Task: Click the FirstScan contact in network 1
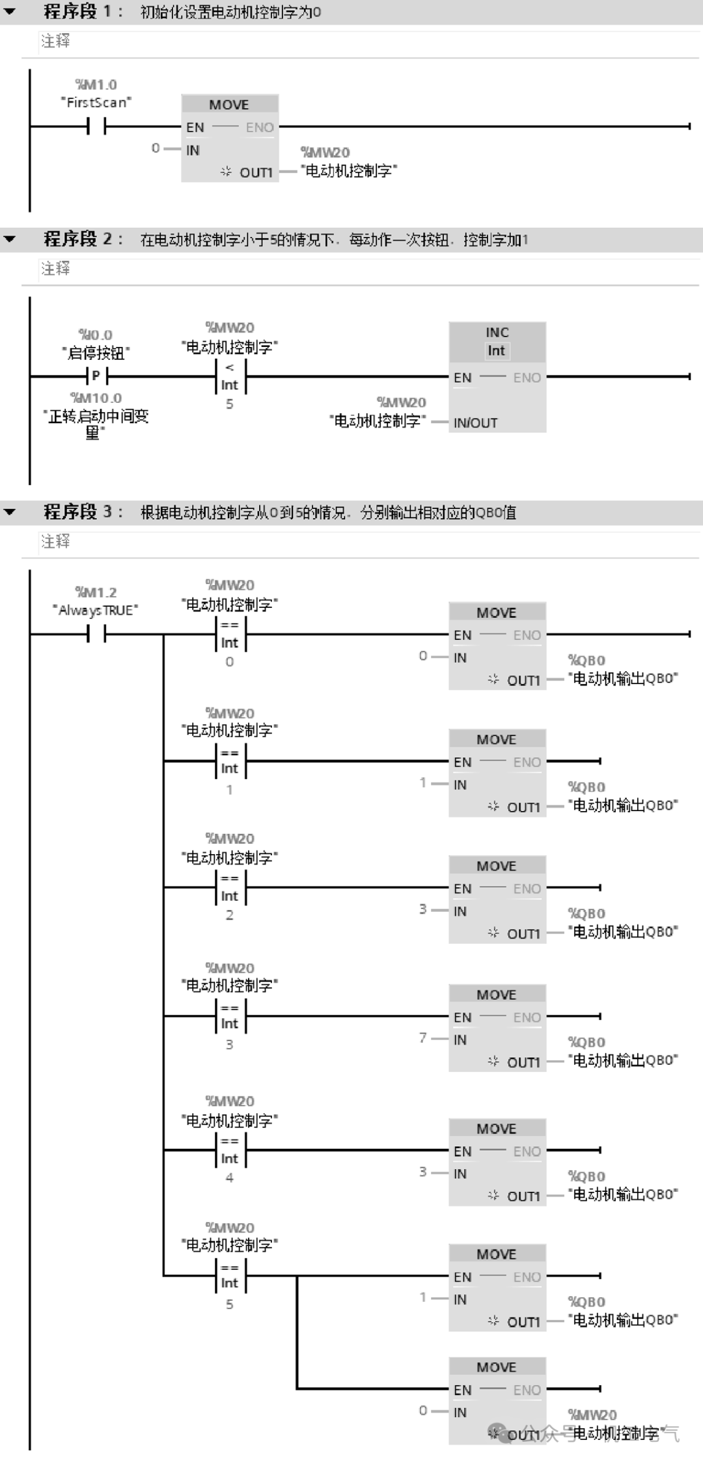[x=96, y=126]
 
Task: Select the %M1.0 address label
[x=96, y=85]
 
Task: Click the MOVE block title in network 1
[x=229, y=105]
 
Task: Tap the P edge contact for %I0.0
[x=96, y=376]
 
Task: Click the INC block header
[x=497, y=341]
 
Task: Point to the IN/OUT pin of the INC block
[x=475, y=423]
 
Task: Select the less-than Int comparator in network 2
[x=230, y=377]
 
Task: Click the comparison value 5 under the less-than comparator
[x=230, y=404]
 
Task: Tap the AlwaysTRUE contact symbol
[x=96, y=633]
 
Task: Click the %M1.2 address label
[x=96, y=592]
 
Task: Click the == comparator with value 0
[x=230, y=634]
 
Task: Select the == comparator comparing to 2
[x=230, y=887]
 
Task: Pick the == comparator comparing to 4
[x=230, y=1150]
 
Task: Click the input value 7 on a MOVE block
[x=423, y=1038]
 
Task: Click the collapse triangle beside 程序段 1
[x=10, y=12]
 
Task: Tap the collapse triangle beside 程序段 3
[x=10, y=512]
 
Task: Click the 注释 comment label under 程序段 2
[x=55, y=269]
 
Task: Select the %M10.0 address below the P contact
[x=96, y=398]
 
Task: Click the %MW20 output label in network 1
[x=325, y=152]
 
